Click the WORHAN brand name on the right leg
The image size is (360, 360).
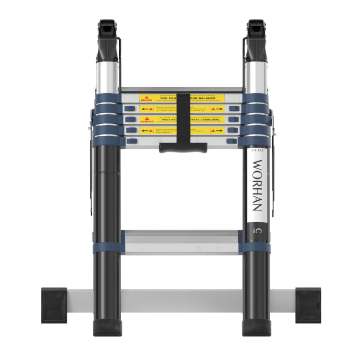(x=257, y=185)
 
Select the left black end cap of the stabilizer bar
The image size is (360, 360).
(x=54, y=305)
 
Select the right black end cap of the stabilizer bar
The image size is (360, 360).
(x=308, y=305)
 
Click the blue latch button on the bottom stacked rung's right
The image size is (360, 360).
(x=232, y=141)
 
